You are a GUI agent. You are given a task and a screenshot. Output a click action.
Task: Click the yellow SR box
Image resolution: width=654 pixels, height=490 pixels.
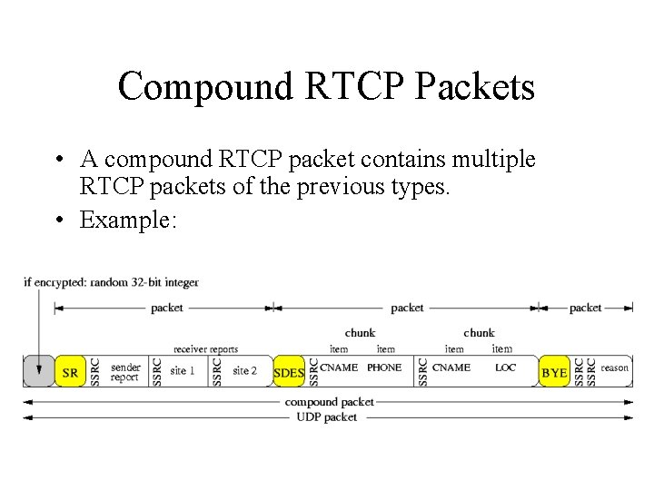pyautogui.click(x=70, y=372)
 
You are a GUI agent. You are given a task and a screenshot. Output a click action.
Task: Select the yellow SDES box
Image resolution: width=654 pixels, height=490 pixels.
pyautogui.click(x=289, y=372)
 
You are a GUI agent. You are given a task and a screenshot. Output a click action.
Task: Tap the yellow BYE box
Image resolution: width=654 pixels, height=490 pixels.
pyautogui.click(x=553, y=372)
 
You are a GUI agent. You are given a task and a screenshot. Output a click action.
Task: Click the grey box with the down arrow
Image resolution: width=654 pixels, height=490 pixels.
pyautogui.click(x=38, y=371)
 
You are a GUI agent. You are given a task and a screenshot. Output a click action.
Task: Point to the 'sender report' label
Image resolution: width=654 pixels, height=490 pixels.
pyautogui.click(x=125, y=372)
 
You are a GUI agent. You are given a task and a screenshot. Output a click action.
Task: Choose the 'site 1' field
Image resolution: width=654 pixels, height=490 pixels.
pyautogui.click(x=183, y=371)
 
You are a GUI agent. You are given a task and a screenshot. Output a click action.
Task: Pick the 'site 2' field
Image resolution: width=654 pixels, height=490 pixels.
pyautogui.click(x=245, y=371)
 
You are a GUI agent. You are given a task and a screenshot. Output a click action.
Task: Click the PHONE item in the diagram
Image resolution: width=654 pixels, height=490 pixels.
pyautogui.click(x=384, y=367)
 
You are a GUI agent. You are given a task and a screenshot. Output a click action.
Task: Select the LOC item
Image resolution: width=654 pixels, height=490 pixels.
pyautogui.click(x=505, y=367)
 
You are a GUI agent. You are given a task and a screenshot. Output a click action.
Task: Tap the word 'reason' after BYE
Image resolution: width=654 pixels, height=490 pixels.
pyautogui.click(x=614, y=367)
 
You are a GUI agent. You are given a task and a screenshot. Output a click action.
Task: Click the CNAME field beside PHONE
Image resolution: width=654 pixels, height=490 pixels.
pyautogui.click(x=339, y=367)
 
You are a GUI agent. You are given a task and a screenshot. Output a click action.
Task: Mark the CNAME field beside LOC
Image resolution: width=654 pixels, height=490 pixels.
pyautogui.click(x=451, y=367)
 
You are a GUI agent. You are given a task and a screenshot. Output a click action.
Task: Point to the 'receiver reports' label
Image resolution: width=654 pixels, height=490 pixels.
pyautogui.click(x=206, y=349)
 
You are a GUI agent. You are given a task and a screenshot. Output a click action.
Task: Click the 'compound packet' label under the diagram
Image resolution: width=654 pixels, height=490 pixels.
pyautogui.click(x=329, y=401)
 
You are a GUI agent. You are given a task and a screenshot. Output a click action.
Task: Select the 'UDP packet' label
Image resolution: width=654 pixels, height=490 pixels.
pyautogui.click(x=327, y=417)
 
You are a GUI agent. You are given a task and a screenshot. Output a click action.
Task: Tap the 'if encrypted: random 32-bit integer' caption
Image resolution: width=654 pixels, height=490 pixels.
pyautogui.click(x=111, y=282)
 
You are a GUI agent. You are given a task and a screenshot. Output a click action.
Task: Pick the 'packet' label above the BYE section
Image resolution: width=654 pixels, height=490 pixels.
pyautogui.click(x=585, y=309)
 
